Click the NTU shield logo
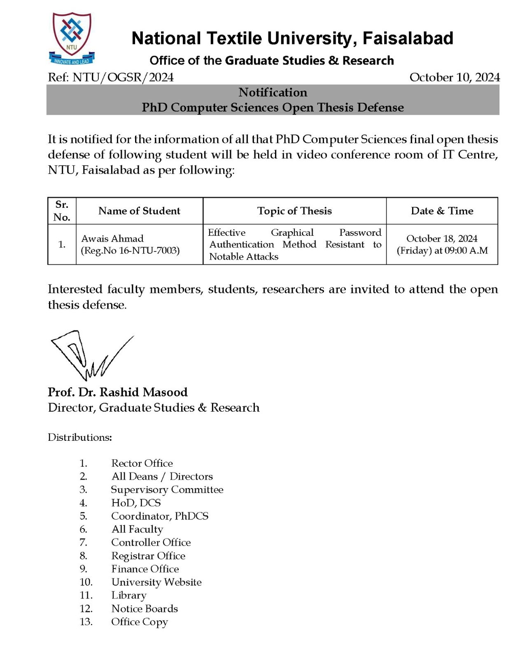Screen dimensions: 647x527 (72, 38)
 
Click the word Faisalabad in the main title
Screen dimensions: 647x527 (408, 38)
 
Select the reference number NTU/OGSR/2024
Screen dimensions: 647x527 (123, 77)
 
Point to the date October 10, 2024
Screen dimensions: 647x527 (455, 77)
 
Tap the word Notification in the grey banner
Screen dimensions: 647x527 (273, 92)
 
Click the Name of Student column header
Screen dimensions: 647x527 (139, 211)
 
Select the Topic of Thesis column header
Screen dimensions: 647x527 (294, 211)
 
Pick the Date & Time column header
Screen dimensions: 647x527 (442, 211)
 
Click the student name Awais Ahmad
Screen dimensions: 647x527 (112, 238)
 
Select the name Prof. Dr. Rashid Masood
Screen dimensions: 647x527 (118, 392)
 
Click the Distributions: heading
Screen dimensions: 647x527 (80, 437)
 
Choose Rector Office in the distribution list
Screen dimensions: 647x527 (142, 463)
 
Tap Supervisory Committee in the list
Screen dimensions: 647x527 (167, 489)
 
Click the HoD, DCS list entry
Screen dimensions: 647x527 (136, 503)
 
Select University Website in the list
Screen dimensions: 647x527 (156, 582)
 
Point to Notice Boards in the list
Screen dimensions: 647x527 (145, 608)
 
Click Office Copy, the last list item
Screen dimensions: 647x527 (140, 621)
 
